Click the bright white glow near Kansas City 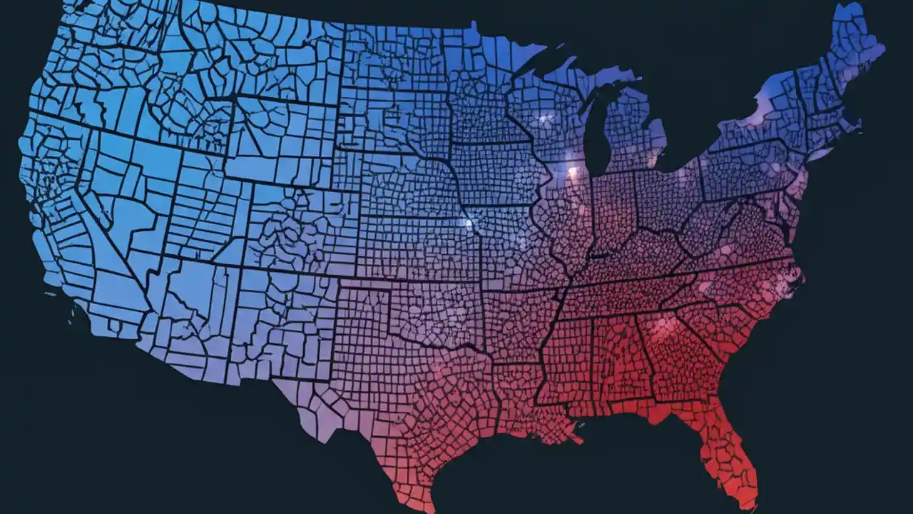pyautogui.click(x=469, y=223)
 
